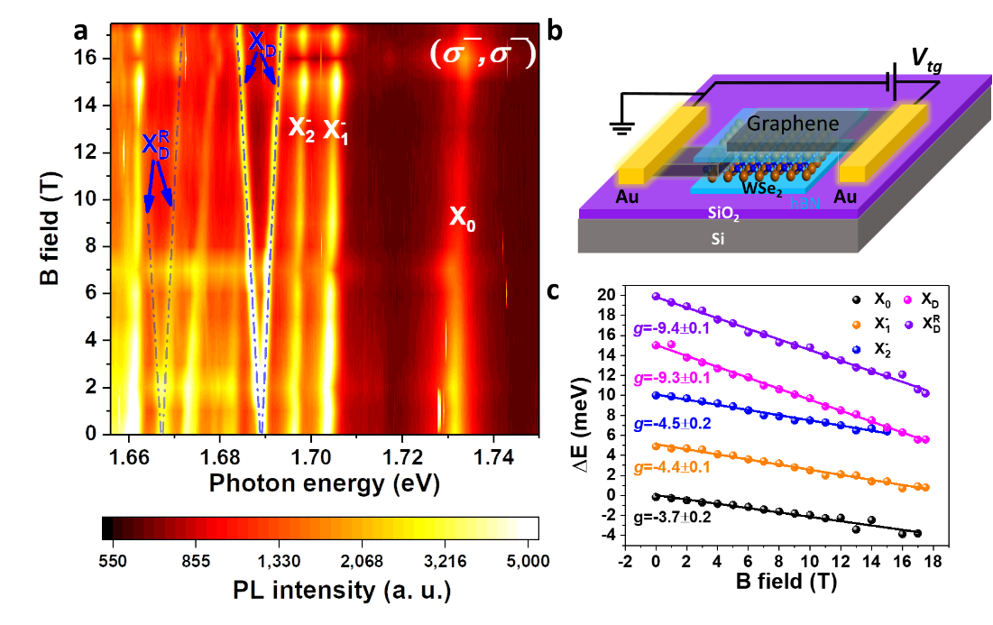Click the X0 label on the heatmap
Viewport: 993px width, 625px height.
point(462,218)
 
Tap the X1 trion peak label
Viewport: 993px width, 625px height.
point(336,129)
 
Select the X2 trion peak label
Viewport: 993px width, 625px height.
point(301,127)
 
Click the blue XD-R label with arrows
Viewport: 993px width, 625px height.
point(155,148)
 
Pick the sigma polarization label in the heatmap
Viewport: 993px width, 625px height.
point(483,55)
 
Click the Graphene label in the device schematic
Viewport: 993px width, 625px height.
point(795,124)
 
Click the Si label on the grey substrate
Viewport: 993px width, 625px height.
point(717,241)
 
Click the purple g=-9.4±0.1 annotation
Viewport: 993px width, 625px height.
point(672,328)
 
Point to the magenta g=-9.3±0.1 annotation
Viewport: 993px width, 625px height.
point(673,378)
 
